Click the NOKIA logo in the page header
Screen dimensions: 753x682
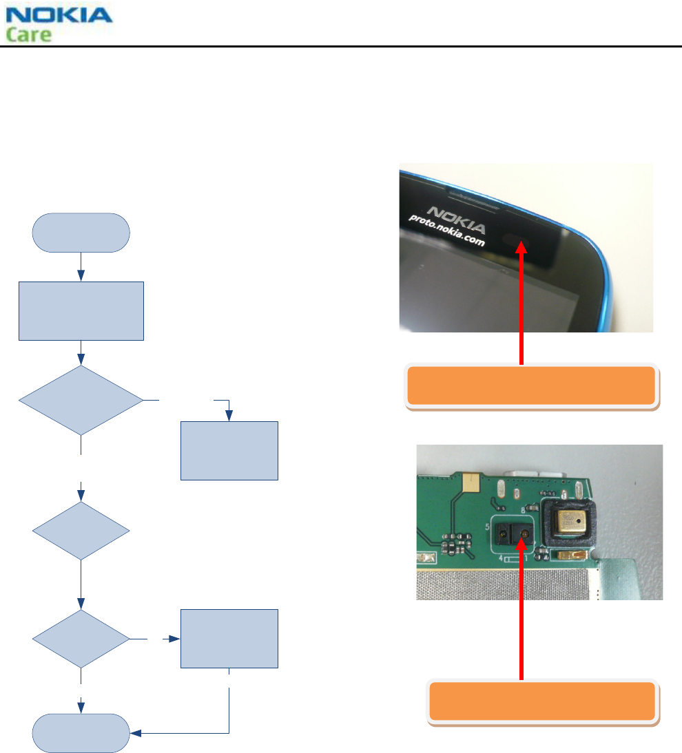click(x=59, y=15)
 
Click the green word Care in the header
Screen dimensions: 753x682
click(x=29, y=34)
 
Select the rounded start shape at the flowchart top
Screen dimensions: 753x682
click(x=81, y=232)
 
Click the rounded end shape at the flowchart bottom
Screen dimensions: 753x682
click(x=81, y=734)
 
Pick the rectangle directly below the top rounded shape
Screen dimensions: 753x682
click(x=81, y=310)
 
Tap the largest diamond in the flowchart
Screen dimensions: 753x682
click(x=81, y=400)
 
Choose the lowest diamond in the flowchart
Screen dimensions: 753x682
click(x=81, y=639)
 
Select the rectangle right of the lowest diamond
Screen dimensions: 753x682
click(x=229, y=639)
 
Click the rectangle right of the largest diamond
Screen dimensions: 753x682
click(x=229, y=450)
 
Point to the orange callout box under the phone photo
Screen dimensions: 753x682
click(x=530, y=385)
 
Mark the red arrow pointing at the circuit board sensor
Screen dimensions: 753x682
click(x=521, y=606)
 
